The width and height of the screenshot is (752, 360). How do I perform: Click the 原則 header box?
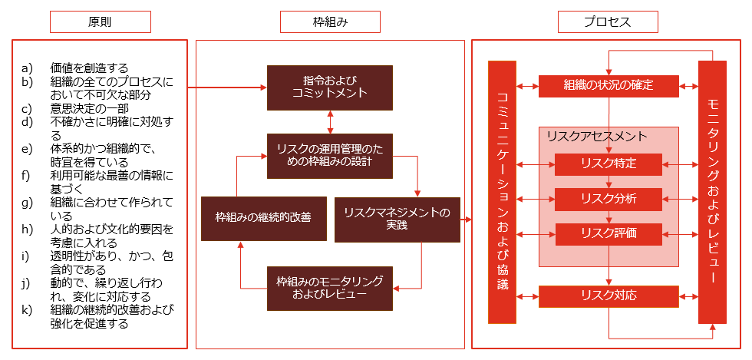click(100, 22)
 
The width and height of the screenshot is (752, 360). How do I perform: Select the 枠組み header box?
click(330, 22)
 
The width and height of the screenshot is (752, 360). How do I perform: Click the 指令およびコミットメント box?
click(330, 86)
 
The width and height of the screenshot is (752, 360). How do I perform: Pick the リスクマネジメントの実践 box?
click(397, 219)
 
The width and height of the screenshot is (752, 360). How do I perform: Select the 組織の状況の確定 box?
click(608, 85)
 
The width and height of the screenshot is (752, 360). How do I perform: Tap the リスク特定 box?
click(608, 164)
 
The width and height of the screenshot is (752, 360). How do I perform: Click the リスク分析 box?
click(608, 199)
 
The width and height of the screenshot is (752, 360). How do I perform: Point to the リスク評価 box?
click(608, 233)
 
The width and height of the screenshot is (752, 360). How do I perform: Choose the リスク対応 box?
click(608, 296)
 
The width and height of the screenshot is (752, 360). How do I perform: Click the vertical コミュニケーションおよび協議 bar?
click(503, 192)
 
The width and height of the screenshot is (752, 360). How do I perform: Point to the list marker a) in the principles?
click(28, 68)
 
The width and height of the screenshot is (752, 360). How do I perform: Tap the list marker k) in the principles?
click(28, 311)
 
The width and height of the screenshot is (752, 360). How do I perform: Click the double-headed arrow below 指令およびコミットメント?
click(331, 120)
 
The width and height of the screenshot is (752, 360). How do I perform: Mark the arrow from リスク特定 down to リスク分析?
click(609, 181)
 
